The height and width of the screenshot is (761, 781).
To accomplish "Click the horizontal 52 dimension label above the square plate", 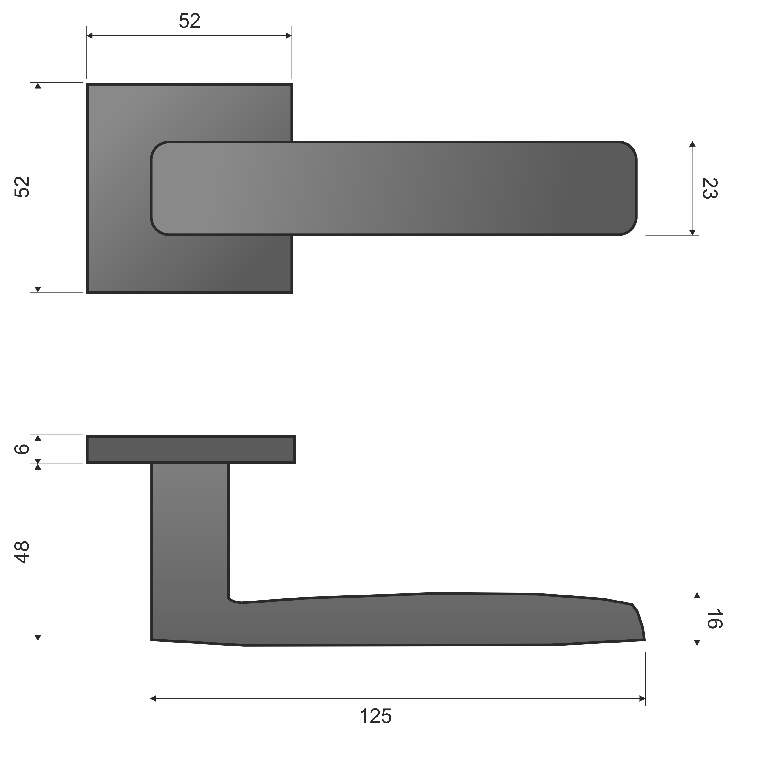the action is [x=189, y=21].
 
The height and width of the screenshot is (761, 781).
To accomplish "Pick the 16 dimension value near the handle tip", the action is [x=714, y=619].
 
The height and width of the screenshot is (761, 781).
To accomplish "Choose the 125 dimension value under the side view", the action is [x=375, y=716].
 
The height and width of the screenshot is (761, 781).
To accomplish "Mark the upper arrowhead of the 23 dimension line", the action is [x=692, y=144].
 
